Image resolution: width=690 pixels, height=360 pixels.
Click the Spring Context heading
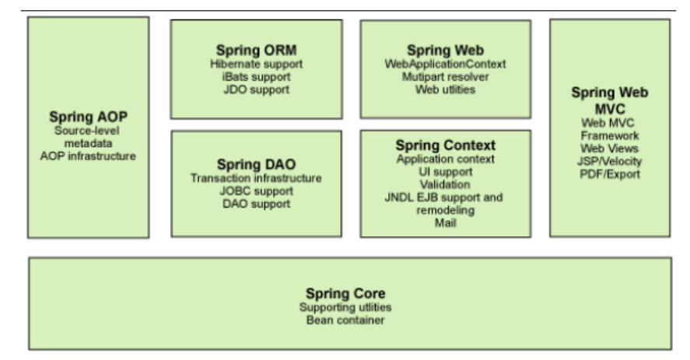(446, 146)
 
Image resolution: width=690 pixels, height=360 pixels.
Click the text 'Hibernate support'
(256, 65)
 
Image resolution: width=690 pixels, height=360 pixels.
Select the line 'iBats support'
(256, 77)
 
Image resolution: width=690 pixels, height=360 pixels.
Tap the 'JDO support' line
(256, 89)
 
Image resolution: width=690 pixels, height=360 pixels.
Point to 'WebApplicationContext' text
(445, 64)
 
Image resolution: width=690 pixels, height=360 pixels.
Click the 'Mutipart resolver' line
(445, 76)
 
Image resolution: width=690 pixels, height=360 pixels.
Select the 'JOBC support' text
(256, 192)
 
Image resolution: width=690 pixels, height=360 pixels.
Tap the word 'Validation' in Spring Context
(446, 184)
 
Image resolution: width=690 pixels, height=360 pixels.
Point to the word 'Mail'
(446, 222)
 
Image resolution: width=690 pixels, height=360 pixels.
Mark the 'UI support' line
(446, 171)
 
